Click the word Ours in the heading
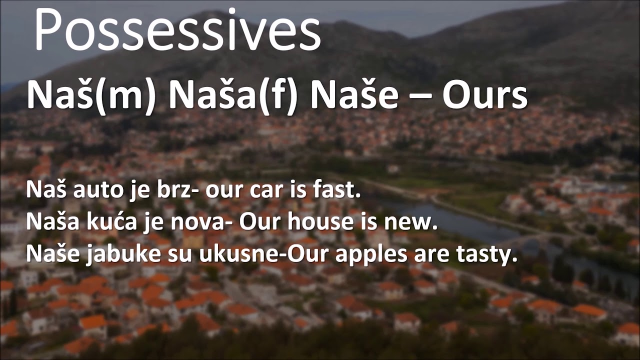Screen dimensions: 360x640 click(484, 96)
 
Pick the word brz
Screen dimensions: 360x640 click(167, 191)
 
